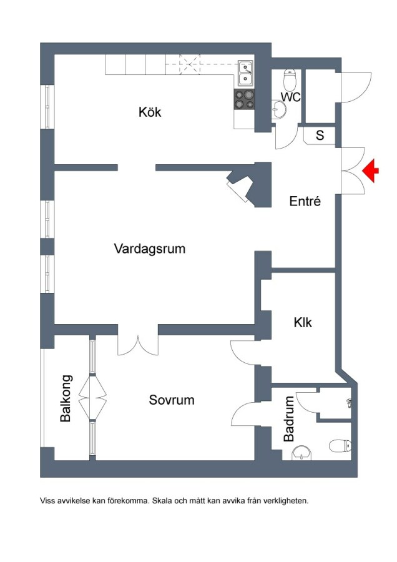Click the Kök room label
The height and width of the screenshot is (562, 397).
pyautogui.click(x=150, y=112)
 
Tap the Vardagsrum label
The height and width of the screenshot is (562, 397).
pyautogui.click(x=150, y=249)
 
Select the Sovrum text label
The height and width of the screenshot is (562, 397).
pyautogui.click(x=171, y=400)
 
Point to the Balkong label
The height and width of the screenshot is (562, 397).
pyautogui.click(x=66, y=398)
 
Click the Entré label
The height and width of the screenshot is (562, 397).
pyautogui.click(x=305, y=202)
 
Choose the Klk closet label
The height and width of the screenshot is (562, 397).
pyautogui.click(x=303, y=323)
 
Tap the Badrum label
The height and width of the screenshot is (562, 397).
pyautogui.click(x=289, y=419)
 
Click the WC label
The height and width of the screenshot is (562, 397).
pyautogui.click(x=291, y=97)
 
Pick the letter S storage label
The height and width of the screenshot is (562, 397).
pyautogui.click(x=320, y=135)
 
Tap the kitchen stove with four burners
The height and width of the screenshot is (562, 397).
pyautogui.click(x=245, y=100)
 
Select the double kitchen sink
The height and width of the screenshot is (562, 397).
pyautogui.click(x=245, y=72)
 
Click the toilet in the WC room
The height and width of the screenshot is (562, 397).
pyautogui.click(x=290, y=79)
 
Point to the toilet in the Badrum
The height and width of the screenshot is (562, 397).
pyautogui.click(x=340, y=445)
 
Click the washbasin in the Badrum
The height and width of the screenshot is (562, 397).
pyautogui.click(x=303, y=452)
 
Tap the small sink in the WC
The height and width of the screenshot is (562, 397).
pyautogui.click(x=280, y=110)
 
